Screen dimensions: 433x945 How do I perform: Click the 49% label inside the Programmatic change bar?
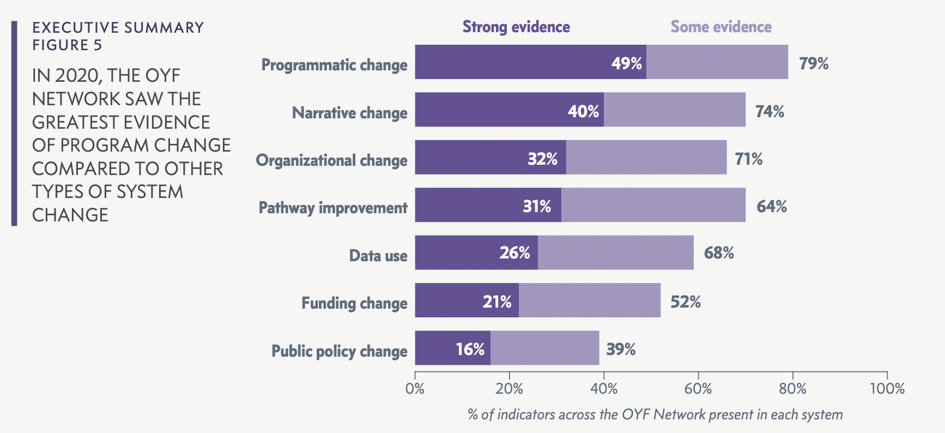tap(626, 63)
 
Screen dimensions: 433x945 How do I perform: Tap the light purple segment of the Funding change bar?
tap(589, 300)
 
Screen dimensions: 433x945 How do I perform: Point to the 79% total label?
tap(814, 63)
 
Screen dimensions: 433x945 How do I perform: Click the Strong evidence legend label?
tap(516, 27)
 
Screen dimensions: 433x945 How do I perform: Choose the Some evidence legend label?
tap(720, 27)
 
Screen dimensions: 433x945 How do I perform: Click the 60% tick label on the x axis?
tap(698, 389)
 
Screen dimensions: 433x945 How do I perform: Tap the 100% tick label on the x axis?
tap(887, 389)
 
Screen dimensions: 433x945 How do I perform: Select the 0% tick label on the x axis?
tap(415, 389)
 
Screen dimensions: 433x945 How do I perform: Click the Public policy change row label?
tap(339, 351)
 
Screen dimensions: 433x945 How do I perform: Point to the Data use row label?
tap(378, 255)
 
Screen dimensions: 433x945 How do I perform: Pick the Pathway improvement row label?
tap(332, 208)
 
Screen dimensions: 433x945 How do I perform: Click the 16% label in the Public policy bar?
tap(470, 349)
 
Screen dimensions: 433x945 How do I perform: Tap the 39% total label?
tap(621, 349)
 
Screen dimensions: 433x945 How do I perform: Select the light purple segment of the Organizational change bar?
tap(646, 158)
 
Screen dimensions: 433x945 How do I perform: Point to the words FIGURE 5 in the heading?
tap(67, 45)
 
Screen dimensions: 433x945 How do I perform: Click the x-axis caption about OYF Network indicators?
tap(655, 414)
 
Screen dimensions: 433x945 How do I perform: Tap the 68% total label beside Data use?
tap(719, 253)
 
